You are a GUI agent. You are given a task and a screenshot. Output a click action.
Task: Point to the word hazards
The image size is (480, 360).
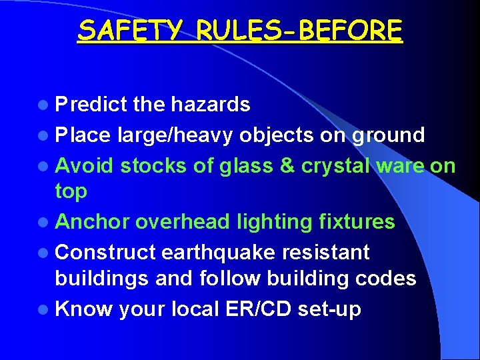210,105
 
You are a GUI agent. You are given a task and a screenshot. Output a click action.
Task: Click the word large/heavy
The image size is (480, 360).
175,135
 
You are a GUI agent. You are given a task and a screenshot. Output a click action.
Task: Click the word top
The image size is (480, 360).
71,191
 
